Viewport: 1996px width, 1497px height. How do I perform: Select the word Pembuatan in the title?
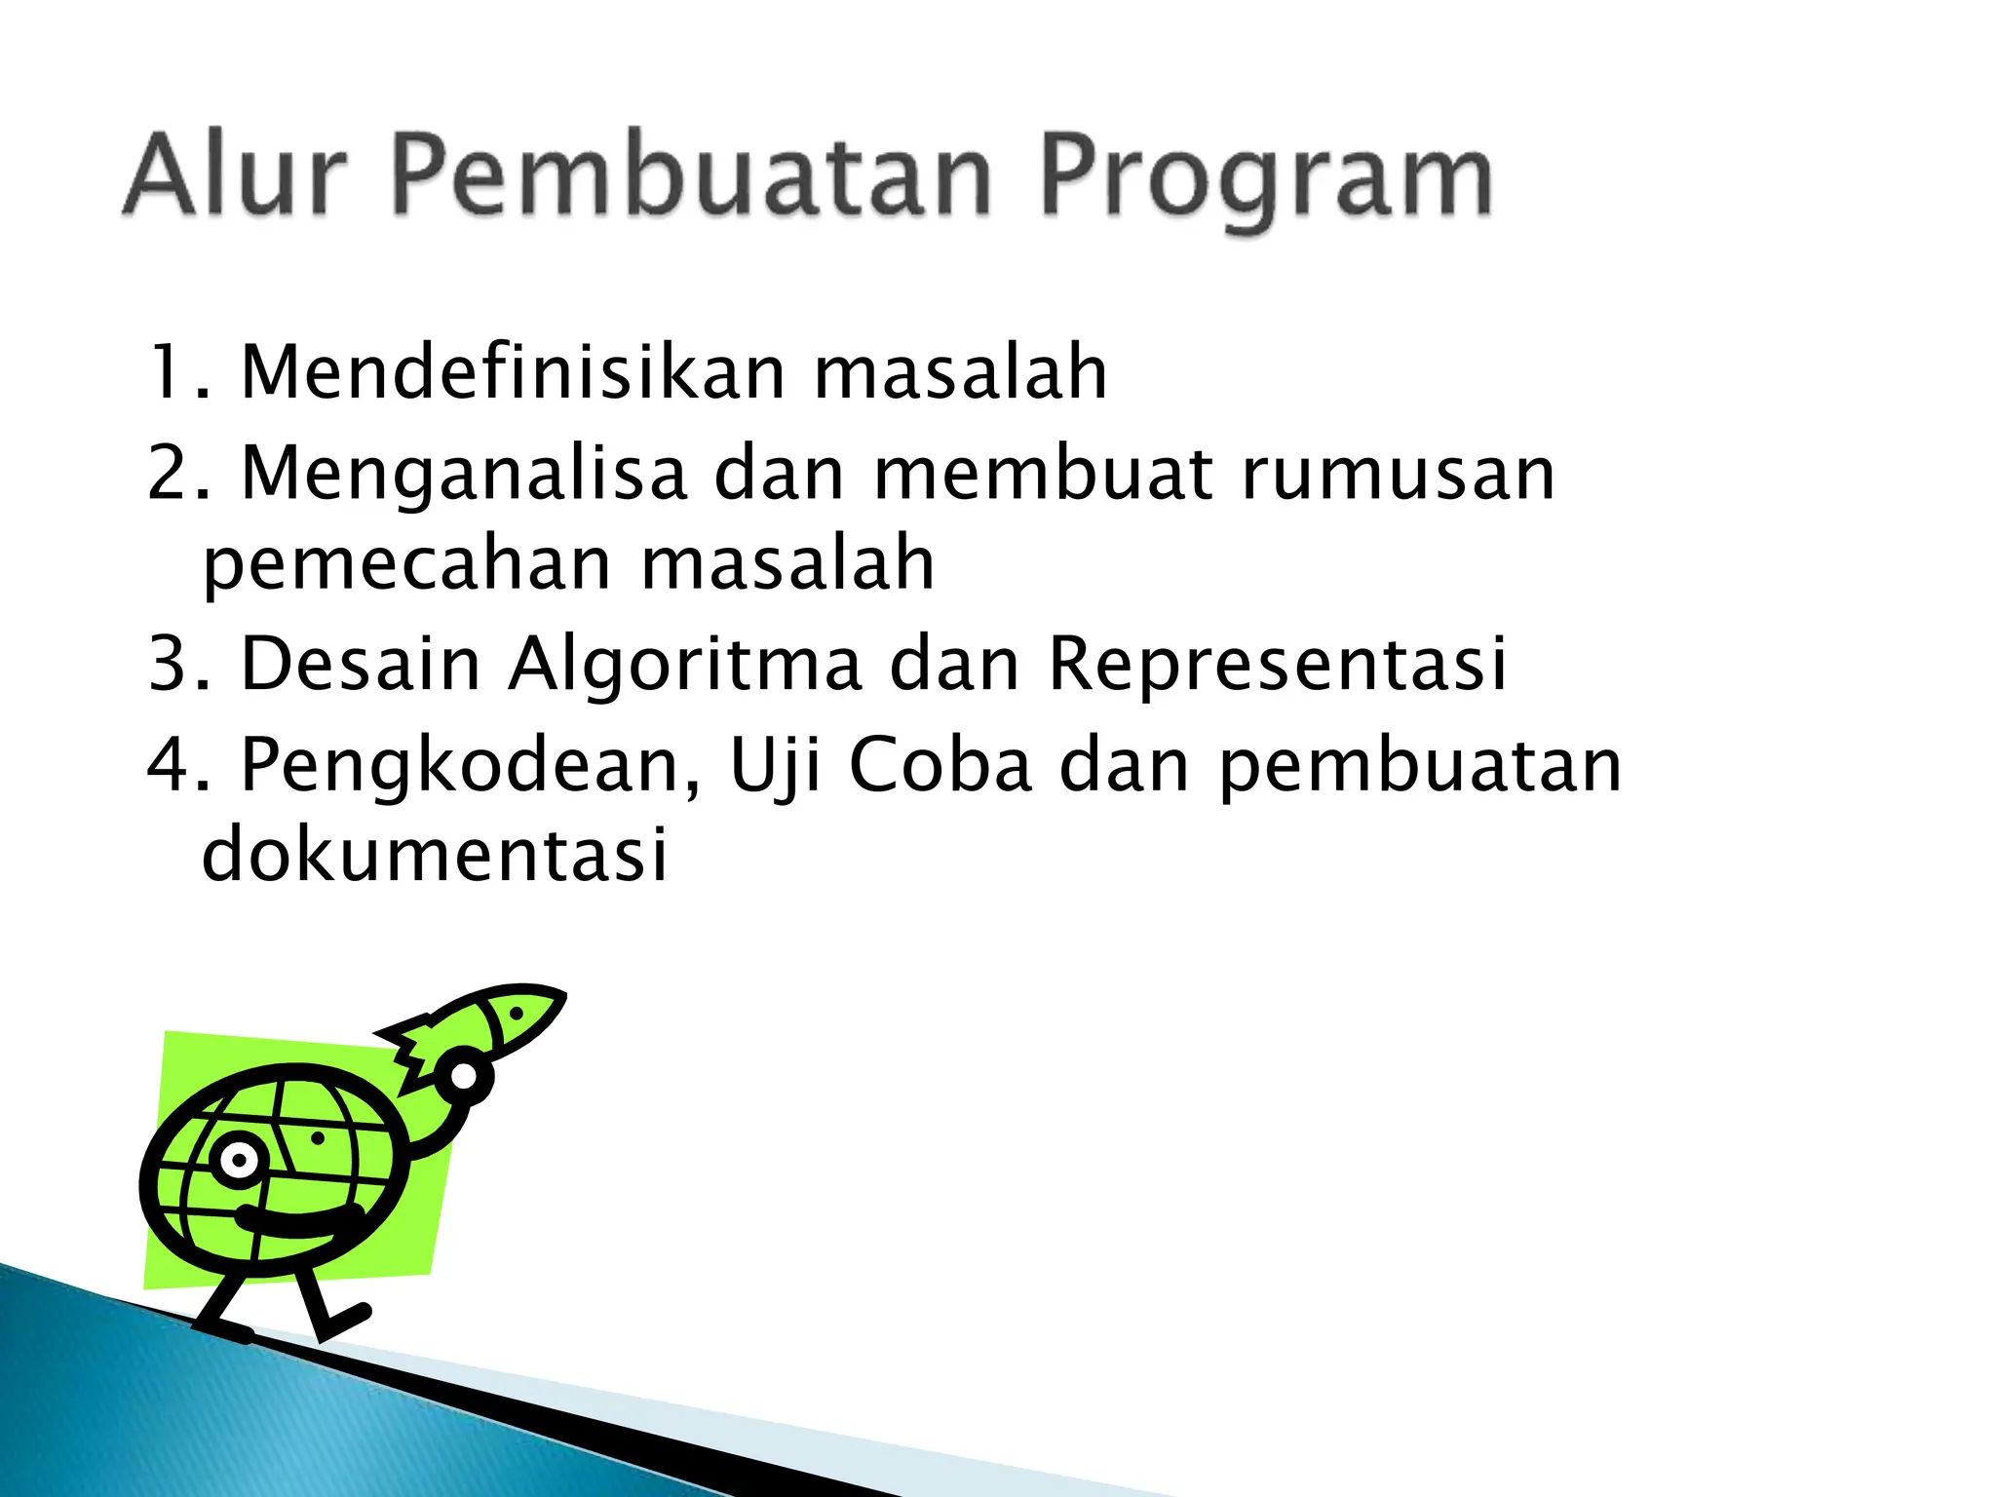tap(692, 175)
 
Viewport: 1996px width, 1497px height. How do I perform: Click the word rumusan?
tap(1398, 474)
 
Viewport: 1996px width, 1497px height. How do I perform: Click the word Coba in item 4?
tap(940, 764)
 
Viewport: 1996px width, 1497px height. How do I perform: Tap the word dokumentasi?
tap(435, 854)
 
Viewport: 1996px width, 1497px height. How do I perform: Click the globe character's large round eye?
tap(238, 1160)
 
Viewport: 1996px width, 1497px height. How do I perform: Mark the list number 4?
tap(170, 764)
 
